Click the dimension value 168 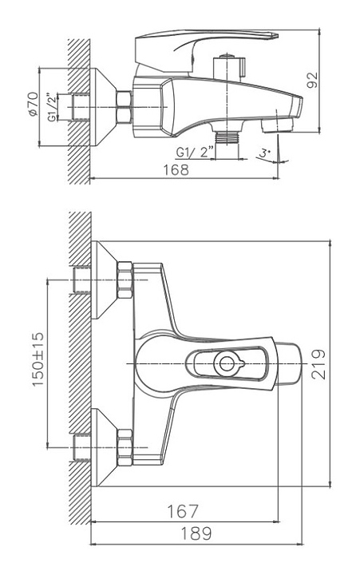pyautogui.click(x=176, y=170)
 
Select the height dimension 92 pyautogui.click(x=313, y=80)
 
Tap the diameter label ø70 pyautogui.click(x=33, y=104)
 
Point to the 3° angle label pyautogui.click(x=265, y=153)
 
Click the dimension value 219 pyautogui.click(x=318, y=364)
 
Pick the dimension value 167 pyautogui.click(x=183, y=511)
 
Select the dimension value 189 pyautogui.click(x=196, y=533)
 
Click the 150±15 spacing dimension pyautogui.click(x=38, y=359)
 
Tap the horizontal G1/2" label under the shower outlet pyautogui.click(x=194, y=152)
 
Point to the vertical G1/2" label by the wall pyautogui.click(x=53, y=108)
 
